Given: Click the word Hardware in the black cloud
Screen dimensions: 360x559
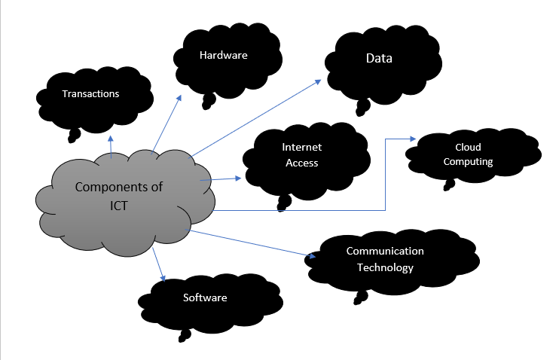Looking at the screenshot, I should pos(224,55).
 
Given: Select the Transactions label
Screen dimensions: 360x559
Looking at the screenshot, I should pos(91,94).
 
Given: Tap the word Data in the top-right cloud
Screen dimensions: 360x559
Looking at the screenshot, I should pos(379,58).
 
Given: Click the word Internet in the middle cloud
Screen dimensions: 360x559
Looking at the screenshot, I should pos(301,148).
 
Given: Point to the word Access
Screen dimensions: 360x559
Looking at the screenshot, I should pos(301,162).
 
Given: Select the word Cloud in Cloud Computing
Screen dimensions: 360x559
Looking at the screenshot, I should pos(467,147).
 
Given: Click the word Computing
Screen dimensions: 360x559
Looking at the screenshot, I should pos(468,161).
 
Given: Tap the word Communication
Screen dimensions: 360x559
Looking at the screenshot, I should pos(385,252).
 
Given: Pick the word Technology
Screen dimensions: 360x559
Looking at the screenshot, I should pos(385,267).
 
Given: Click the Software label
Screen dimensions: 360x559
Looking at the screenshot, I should pos(205,297).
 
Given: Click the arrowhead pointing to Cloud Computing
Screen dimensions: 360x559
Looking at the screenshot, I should pos(413,139).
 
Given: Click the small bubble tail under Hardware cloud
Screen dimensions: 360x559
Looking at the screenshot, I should pos(209,99).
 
